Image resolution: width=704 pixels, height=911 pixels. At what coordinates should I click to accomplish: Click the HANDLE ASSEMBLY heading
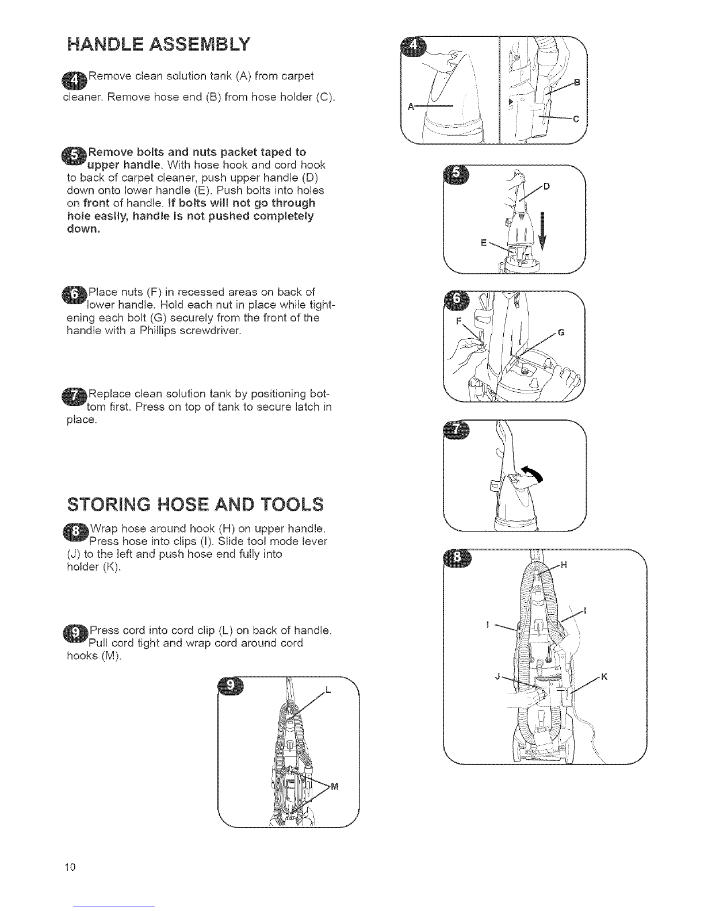tap(159, 44)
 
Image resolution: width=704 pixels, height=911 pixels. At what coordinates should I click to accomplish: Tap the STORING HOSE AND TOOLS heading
tap(196, 504)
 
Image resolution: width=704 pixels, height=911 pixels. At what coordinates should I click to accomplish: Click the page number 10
tap(70, 867)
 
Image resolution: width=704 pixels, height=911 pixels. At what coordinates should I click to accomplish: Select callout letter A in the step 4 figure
tap(411, 107)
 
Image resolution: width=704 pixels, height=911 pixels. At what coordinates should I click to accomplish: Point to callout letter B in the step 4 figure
tap(577, 82)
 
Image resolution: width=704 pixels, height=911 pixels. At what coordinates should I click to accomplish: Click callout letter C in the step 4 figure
tap(576, 119)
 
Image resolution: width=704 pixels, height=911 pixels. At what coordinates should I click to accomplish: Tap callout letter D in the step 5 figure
tap(546, 186)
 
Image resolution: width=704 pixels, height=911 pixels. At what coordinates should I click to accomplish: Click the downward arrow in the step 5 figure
tap(542, 231)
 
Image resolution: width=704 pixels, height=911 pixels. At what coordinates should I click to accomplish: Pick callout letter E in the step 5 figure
tap(484, 243)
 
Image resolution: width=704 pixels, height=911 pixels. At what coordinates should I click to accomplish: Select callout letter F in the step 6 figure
tap(458, 321)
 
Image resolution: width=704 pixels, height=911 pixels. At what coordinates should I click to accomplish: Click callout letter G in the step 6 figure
tap(561, 332)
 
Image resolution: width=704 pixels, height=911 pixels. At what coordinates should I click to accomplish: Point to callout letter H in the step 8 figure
tap(564, 565)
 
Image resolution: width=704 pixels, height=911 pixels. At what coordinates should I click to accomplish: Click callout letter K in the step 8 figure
tap(604, 677)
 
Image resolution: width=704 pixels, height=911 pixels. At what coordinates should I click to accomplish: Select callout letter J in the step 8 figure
tap(498, 676)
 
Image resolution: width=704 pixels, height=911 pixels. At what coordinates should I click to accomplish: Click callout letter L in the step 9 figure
tap(328, 691)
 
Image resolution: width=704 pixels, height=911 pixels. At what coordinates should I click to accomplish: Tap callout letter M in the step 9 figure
tap(335, 787)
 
